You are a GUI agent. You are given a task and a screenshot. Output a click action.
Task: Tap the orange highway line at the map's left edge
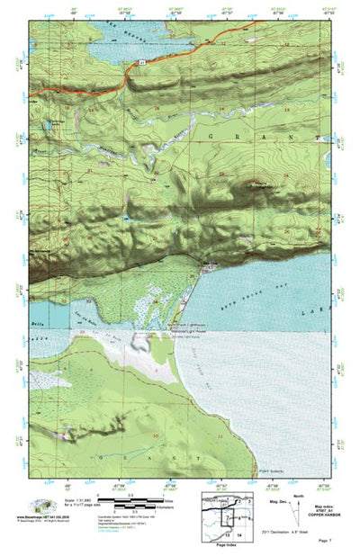[x=32, y=94]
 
